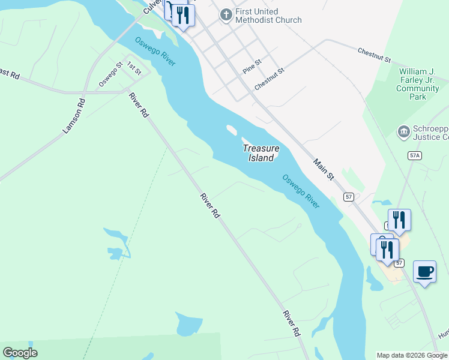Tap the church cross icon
[x=226, y=14]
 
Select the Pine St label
[x=253, y=65]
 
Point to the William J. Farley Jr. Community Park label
[x=418, y=84]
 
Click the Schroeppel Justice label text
[x=430, y=133]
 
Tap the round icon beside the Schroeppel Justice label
[x=403, y=131]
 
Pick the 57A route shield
[x=414, y=155]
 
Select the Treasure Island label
[x=261, y=153]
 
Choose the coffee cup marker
[x=425, y=271]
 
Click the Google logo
[x=20, y=353]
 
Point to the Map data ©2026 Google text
[x=412, y=355]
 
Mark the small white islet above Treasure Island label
[x=231, y=128]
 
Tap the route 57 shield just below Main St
[x=348, y=197]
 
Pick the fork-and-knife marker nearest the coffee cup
[x=388, y=249]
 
